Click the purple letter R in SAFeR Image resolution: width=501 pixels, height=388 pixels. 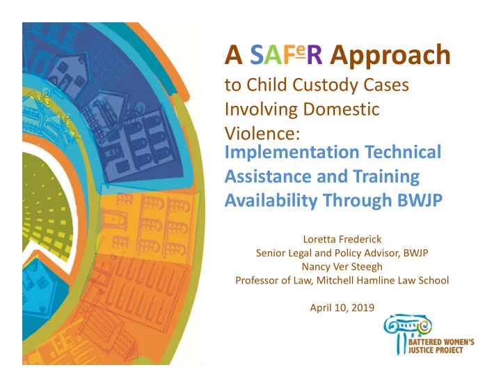[315, 55]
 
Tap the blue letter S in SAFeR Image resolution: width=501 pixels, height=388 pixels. [257, 55]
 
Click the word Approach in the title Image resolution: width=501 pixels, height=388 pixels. [390, 56]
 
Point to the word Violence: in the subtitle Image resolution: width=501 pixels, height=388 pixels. [262, 133]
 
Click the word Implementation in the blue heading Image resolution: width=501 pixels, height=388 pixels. [292, 153]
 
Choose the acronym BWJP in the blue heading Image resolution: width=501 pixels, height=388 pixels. [420, 200]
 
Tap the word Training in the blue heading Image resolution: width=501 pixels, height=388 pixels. [386, 177]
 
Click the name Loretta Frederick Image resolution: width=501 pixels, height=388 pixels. [342, 239]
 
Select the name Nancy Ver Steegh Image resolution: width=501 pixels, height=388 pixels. [342, 267]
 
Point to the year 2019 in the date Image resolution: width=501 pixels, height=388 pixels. [363, 308]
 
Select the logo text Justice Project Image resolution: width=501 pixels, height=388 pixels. [436, 350]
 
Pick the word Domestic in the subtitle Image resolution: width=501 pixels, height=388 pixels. [341, 109]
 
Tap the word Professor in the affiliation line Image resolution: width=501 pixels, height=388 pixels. [256, 280]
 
